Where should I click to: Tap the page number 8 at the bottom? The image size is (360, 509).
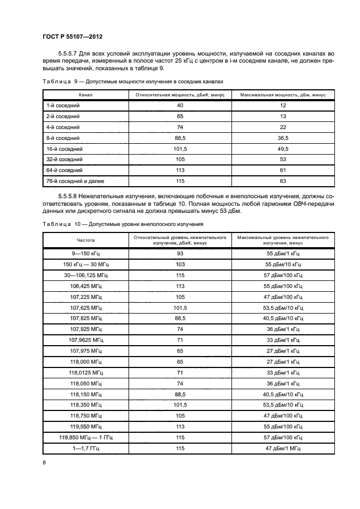point(44,462)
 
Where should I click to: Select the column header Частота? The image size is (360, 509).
point(86,240)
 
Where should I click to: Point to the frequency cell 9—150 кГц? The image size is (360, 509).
point(86,254)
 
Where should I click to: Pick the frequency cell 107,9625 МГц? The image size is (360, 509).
point(86,340)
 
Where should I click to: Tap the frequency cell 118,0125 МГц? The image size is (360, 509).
point(86,372)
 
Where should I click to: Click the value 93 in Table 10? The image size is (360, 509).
point(180,254)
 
